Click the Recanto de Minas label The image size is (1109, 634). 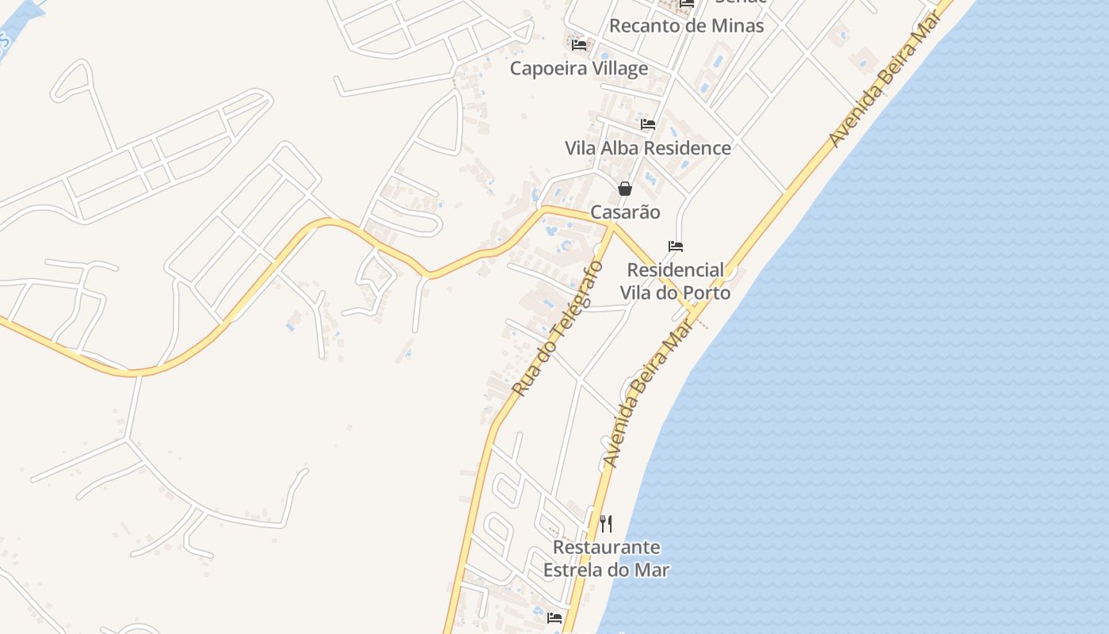(686, 25)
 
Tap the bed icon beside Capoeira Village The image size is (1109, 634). (579, 45)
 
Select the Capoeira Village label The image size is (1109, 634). (578, 68)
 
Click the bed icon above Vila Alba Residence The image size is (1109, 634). (648, 124)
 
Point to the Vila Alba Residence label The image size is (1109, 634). (647, 148)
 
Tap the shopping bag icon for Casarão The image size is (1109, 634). (625, 189)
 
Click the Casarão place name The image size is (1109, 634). (625, 212)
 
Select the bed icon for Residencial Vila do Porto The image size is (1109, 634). (676, 246)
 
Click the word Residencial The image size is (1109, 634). (675, 270)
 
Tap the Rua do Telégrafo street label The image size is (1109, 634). (557, 328)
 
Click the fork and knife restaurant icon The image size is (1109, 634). (606, 524)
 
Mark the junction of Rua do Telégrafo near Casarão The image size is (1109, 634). (612, 225)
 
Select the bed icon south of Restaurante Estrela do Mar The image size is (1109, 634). (554, 618)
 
